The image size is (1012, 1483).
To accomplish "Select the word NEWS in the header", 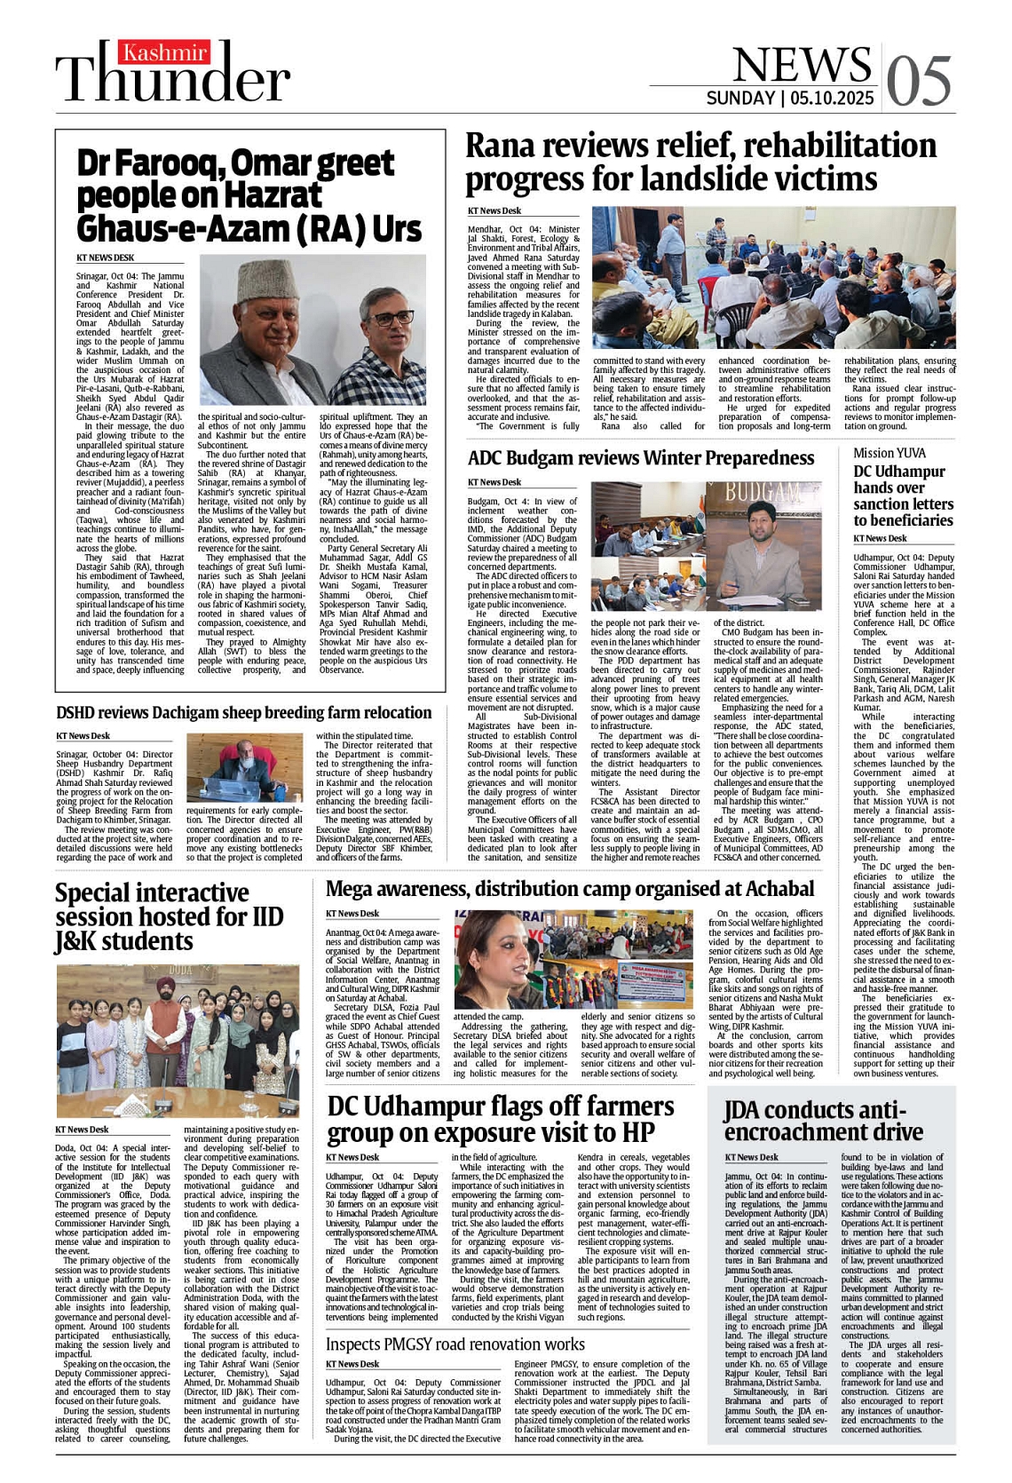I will tap(802, 64).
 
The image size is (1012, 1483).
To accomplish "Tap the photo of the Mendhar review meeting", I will tap(773, 277).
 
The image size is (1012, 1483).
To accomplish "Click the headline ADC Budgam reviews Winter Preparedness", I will tap(640, 458).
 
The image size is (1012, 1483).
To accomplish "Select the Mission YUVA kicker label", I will tap(889, 453).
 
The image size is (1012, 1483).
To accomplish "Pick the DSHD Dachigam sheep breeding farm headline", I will tap(243, 712).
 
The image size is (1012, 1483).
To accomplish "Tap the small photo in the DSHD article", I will tap(244, 767).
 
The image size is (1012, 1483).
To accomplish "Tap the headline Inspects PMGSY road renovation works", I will tap(455, 1344).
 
